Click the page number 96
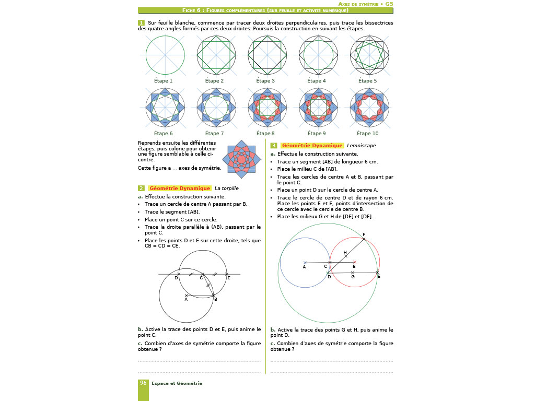coord(143,383)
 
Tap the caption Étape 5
coord(367,81)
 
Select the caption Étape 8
coord(265,134)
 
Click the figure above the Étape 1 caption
coord(165,55)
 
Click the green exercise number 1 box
coord(141,23)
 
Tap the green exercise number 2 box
coord(141,188)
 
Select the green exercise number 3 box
coord(274,146)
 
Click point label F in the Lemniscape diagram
coord(364,234)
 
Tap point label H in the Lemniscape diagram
coord(345,252)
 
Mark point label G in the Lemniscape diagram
coord(353,277)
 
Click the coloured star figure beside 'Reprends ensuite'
coord(239,157)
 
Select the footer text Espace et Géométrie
coord(177,383)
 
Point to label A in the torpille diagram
coord(186,300)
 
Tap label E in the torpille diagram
coord(228,278)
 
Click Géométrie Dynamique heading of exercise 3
coord(312,146)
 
